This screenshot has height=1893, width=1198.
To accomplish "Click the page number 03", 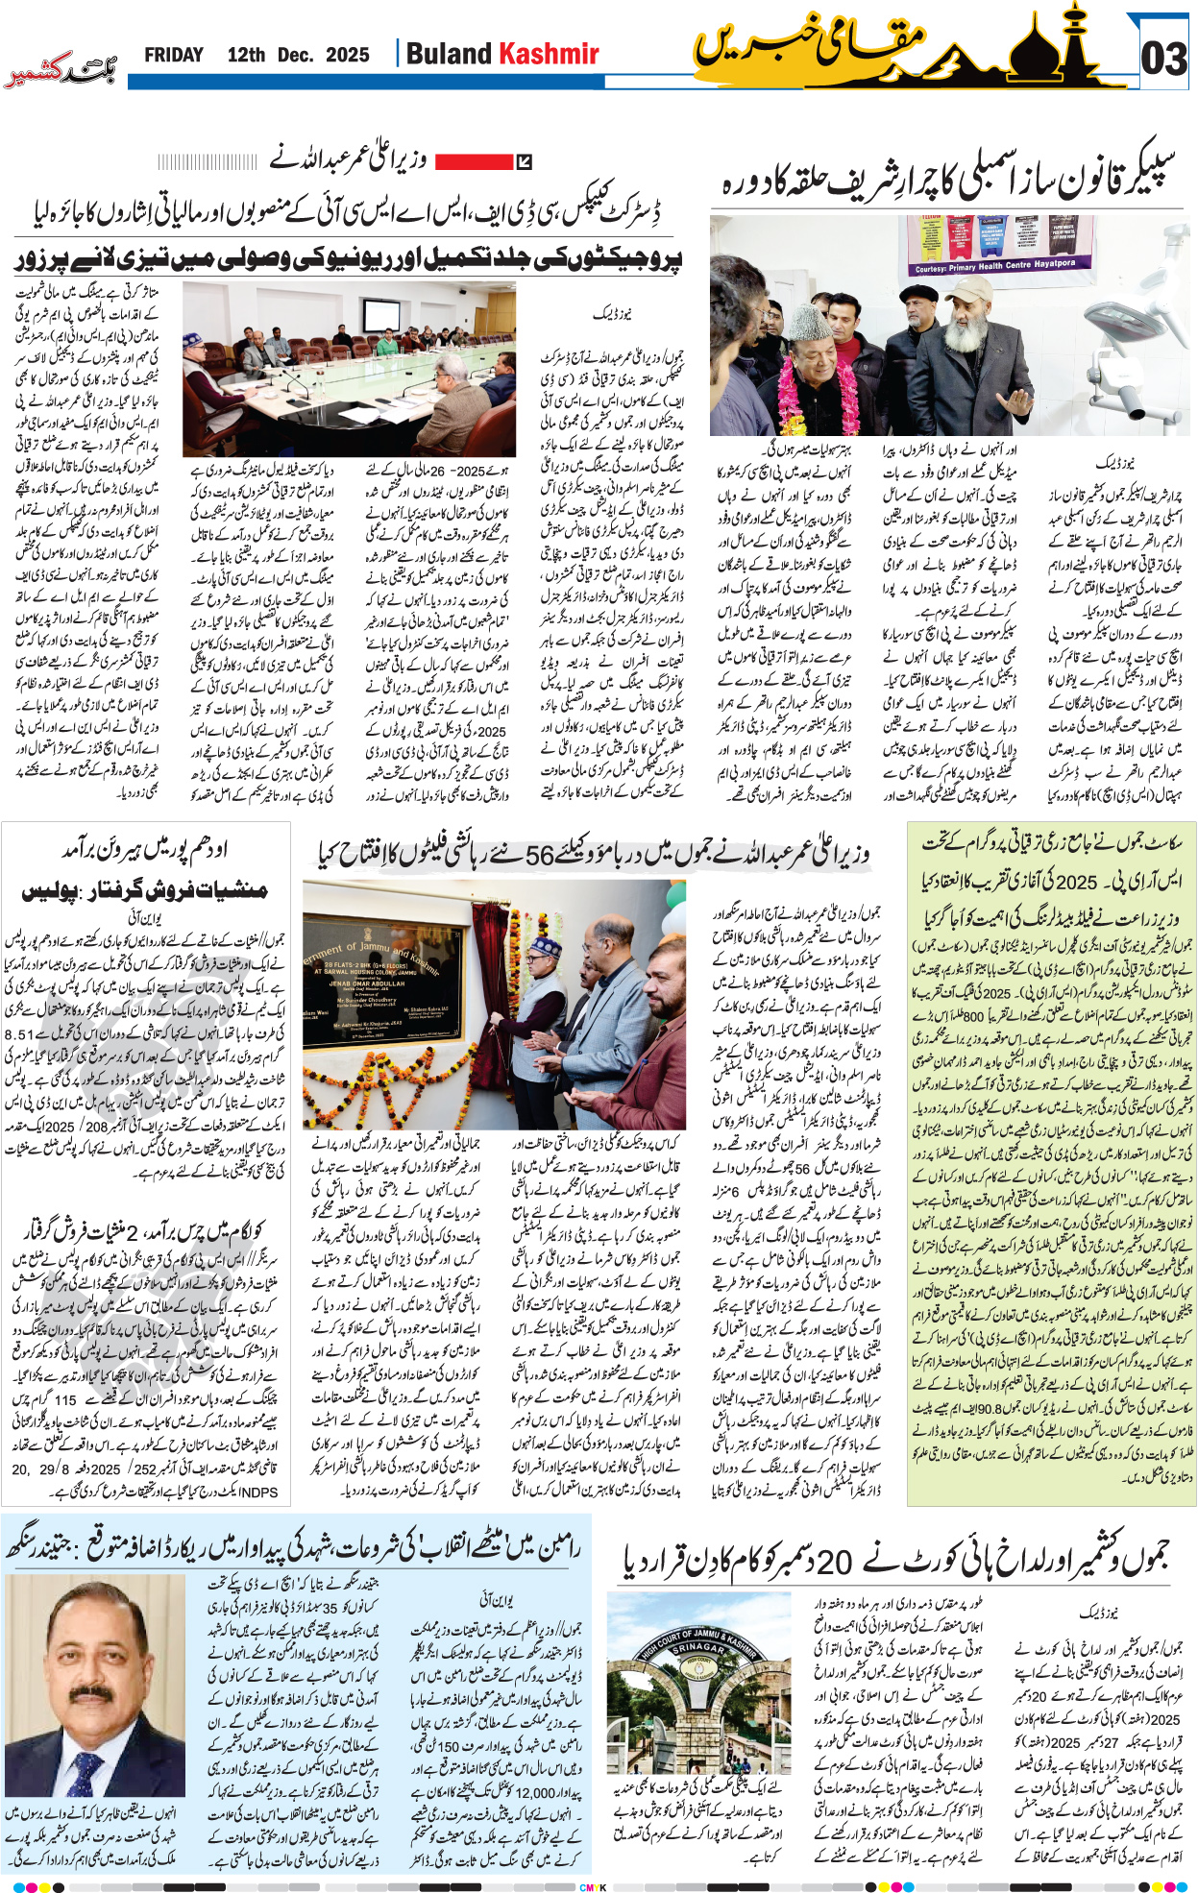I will pos(1163,60).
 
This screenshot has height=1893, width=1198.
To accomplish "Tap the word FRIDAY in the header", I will pos(174,55).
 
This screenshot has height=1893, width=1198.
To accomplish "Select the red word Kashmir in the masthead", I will pos(550,54).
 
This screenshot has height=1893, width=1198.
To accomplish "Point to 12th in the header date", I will pos(246,55).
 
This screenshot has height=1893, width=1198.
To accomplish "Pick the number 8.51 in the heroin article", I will pos(19,1034).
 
